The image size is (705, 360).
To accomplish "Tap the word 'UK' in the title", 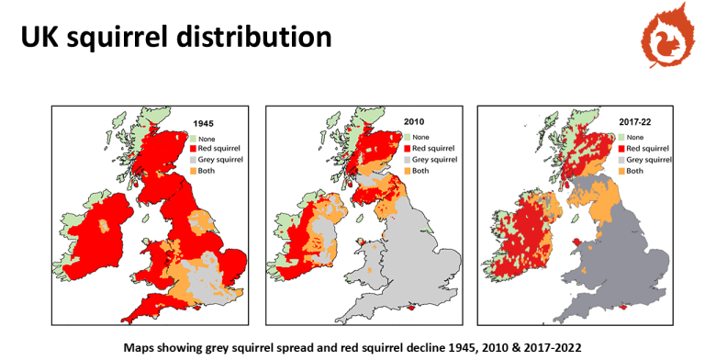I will [x=44, y=37].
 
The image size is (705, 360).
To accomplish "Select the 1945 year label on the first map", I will [x=205, y=123].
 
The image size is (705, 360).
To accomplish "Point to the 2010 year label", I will [x=417, y=121].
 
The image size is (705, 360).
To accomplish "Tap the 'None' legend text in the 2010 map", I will [x=422, y=136].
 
